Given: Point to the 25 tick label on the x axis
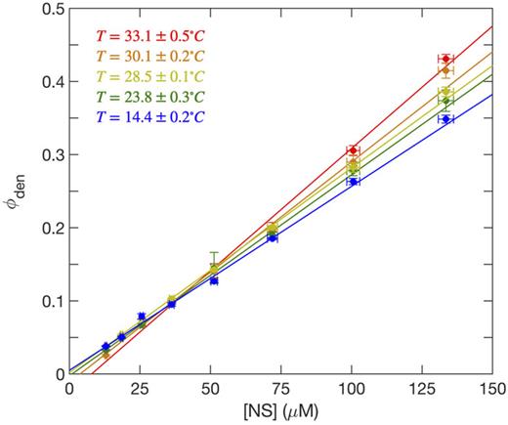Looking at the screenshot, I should coord(139,389).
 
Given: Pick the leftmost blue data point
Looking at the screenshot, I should coord(106,347).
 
